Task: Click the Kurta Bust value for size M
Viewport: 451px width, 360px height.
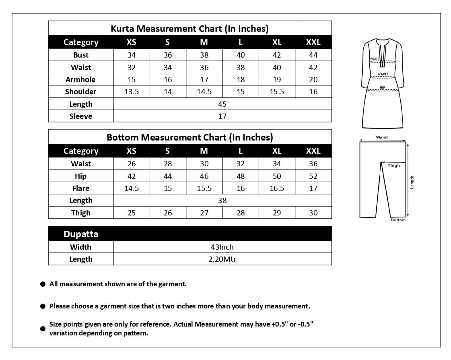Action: click(204, 55)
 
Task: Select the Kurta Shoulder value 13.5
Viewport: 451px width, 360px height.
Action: click(132, 92)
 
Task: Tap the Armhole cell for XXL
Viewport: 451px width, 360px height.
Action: click(313, 80)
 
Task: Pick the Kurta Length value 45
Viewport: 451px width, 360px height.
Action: click(222, 104)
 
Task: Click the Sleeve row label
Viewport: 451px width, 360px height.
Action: click(81, 116)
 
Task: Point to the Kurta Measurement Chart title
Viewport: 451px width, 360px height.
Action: click(189, 29)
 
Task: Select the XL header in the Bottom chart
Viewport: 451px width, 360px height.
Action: click(277, 151)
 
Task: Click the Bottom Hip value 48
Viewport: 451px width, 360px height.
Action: click(241, 176)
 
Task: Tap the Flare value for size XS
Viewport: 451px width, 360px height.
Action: click(132, 188)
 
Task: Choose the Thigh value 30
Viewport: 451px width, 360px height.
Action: click(313, 213)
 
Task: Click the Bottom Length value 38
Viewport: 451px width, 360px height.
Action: click(222, 201)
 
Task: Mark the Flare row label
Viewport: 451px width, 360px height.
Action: click(81, 188)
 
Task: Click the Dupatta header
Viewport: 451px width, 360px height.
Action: click(81, 234)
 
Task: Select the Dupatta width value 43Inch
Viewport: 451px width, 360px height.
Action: click(222, 247)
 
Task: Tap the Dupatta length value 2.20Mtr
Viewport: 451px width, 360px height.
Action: click(222, 259)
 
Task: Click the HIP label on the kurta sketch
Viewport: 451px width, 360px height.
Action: click(382, 87)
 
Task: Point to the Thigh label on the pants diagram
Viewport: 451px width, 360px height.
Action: click(394, 166)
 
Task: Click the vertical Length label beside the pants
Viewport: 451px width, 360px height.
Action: click(412, 182)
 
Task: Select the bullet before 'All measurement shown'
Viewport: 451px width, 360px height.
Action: click(43, 284)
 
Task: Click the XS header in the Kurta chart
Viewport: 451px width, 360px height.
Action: click(132, 42)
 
